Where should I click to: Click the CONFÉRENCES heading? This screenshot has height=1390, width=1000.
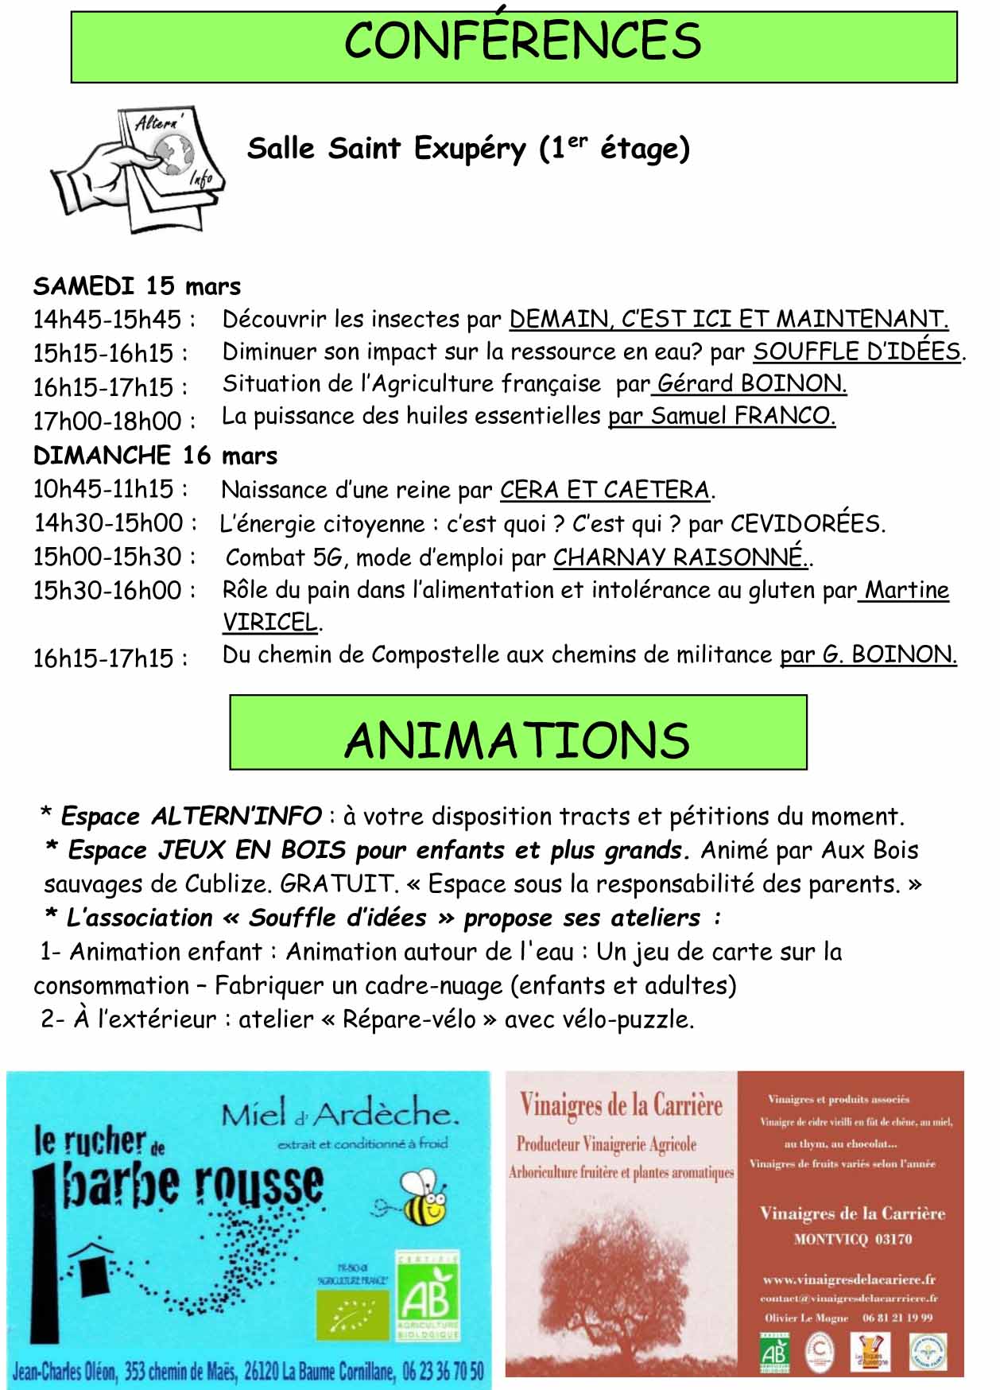click(x=522, y=41)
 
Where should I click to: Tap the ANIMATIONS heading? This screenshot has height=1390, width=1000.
click(x=517, y=740)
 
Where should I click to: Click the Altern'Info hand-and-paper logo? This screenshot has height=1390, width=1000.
click(x=137, y=169)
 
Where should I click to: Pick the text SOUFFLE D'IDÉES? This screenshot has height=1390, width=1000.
click(x=857, y=351)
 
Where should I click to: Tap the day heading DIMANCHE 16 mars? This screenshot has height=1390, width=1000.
click(x=155, y=456)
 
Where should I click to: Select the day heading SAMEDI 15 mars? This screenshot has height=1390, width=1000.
click(x=137, y=286)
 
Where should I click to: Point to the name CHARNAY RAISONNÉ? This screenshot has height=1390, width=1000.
click(x=679, y=557)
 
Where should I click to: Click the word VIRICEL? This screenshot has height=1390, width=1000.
click(x=269, y=622)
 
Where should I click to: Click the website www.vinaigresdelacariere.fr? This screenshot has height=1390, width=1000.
click(x=848, y=1279)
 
